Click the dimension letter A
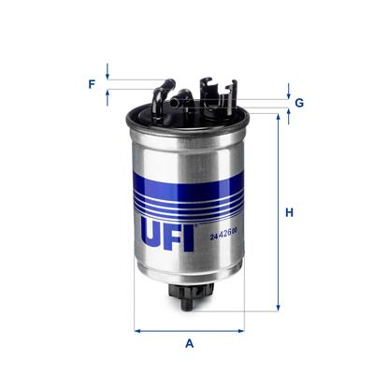coord(190,344)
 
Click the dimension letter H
coord(290,212)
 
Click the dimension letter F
coord(92,84)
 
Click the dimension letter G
coord(299,102)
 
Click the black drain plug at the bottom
coord(188,294)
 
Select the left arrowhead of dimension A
coord(138,328)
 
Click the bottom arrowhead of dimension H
coord(278,306)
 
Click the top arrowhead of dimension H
coord(278,118)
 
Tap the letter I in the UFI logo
coord(189,235)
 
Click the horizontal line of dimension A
coord(190,328)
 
